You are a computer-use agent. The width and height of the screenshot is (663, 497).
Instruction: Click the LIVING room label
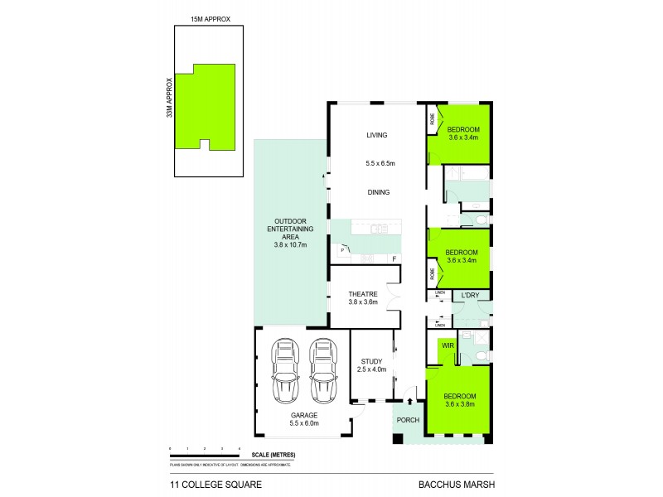(x=377, y=135)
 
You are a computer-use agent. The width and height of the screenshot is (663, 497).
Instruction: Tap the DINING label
(x=377, y=192)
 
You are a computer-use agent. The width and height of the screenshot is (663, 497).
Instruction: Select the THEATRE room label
(x=363, y=294)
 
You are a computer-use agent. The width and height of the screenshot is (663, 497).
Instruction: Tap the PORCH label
(x=409, y=420)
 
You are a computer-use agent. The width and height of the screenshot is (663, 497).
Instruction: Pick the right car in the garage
(x=323, y=369)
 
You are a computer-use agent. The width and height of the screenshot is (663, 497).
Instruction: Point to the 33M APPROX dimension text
(x=169, y=98)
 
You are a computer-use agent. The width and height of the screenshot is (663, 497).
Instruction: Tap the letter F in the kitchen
(x=394, y=259)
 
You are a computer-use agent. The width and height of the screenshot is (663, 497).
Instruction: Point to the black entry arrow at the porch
(x=409, y=402)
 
